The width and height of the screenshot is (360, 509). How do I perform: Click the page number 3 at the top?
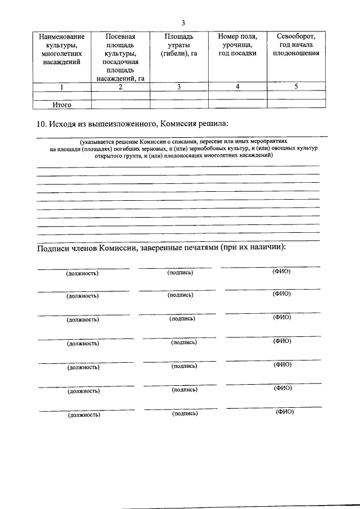coord(183,22)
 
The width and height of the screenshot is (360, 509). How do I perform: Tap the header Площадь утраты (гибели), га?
coord(179,44)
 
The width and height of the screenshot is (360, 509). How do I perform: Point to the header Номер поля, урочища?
coord(237,44)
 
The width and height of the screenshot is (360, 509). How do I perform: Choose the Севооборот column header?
coord(296,44)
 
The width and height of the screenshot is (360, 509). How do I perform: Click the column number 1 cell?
coord(61,87)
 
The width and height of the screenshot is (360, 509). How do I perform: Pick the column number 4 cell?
coord(237,87)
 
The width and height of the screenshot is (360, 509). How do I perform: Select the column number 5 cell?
coord(296,87)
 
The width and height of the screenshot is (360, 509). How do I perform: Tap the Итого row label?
coord(61,104)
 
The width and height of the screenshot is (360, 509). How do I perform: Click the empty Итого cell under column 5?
coord(296,104)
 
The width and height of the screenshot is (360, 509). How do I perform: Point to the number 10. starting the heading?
coord(41,123)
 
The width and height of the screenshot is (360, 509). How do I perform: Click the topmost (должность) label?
coord(82,274)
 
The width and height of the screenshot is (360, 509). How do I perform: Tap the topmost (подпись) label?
coord(180,273)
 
